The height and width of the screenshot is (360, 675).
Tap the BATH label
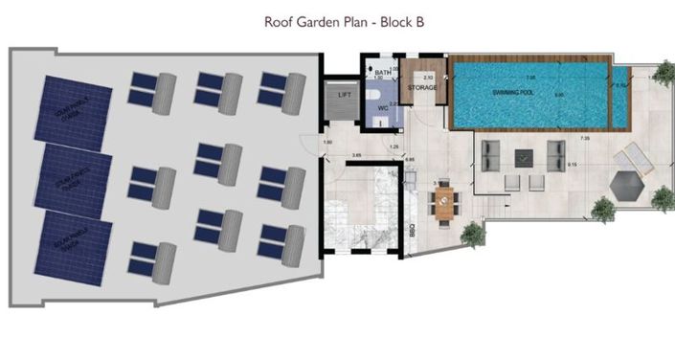[383, 73]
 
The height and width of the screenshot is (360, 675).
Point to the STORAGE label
[422, 88]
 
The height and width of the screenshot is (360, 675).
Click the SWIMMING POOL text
[514, 92]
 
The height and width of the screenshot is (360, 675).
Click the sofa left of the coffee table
[491, 154]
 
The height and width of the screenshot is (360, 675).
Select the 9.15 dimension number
[573, 165]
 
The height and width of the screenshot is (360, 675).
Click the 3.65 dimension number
[356, 154]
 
